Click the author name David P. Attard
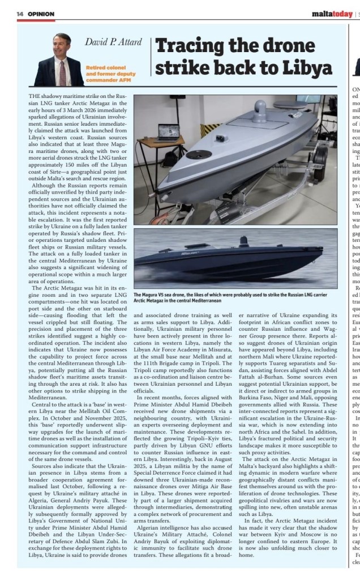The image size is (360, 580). [113, 42]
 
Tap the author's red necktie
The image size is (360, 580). [62, 72]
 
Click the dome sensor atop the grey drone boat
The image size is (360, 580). [259, 109]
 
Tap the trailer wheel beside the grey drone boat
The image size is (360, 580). [319, 158]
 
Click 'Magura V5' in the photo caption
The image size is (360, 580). [160, 296]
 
